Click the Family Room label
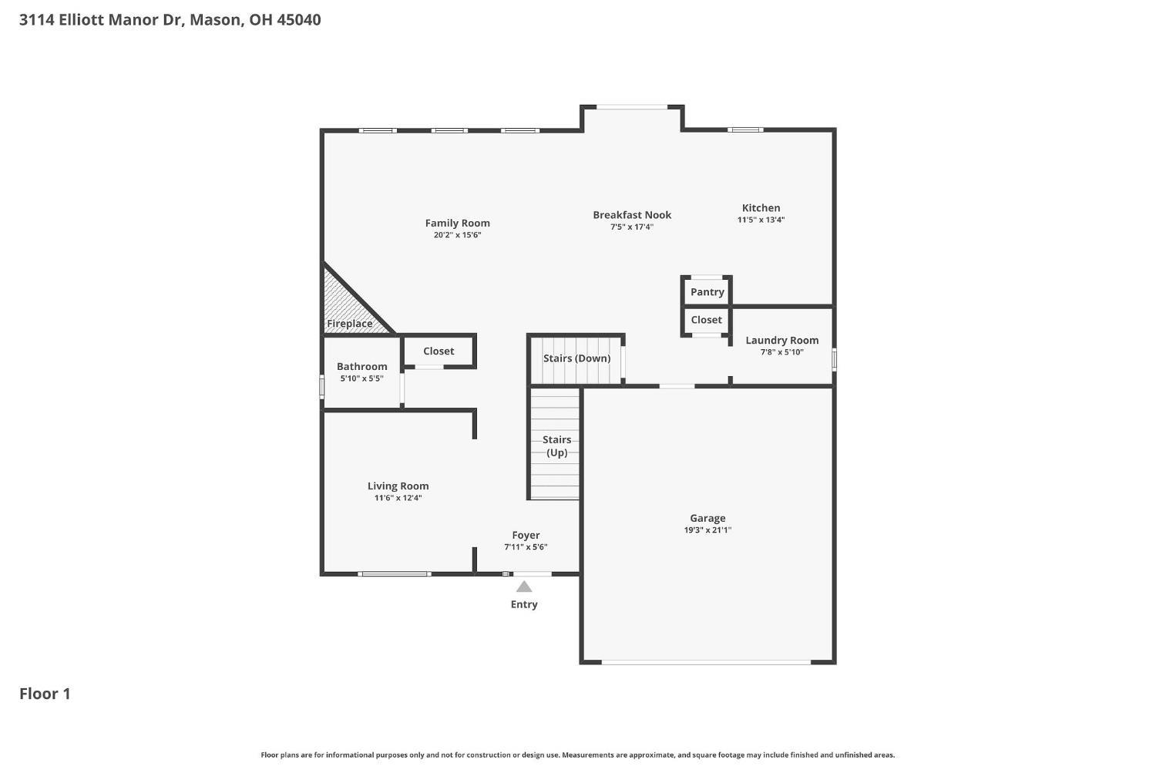point(457,224)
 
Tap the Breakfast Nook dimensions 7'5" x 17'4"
point(631,227)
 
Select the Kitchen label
point(761,208)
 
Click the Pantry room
point(707,292)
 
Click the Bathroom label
point(361,367)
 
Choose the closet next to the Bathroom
point(439,351)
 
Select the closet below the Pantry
point(706,320)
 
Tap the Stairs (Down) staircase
point(576,359)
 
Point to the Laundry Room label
point(781,341)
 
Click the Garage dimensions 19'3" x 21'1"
point(707,530)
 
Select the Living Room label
point(398,486)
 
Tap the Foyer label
point(526,536)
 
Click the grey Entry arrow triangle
point(524,587)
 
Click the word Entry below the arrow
point(524,604)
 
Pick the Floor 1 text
point(45,694)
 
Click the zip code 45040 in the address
point(298,20)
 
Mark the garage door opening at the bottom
point(706,661)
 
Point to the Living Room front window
point(394,573)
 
